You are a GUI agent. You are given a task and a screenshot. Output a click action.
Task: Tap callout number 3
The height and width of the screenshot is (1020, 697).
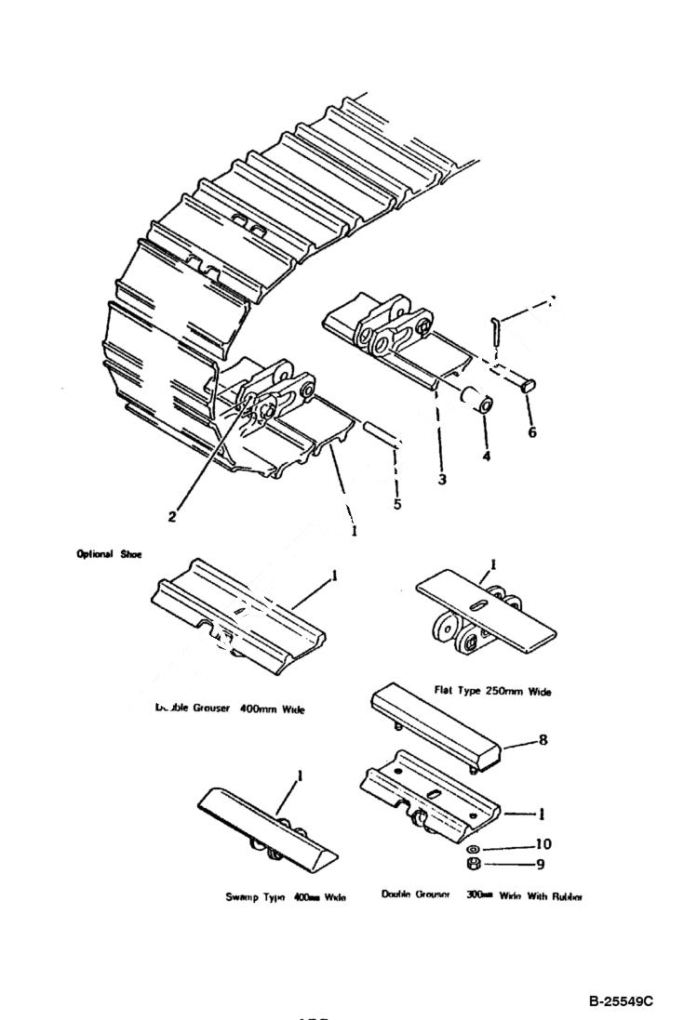(442, 480)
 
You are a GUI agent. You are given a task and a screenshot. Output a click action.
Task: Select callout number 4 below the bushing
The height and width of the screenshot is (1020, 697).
(487, 457)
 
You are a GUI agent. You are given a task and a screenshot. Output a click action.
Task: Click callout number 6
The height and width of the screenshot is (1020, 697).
(531, 432)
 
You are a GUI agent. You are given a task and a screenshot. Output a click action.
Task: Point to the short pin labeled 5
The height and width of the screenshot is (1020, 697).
(382, 434)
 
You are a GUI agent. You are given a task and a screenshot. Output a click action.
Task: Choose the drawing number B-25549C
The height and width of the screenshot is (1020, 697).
(621, 1000)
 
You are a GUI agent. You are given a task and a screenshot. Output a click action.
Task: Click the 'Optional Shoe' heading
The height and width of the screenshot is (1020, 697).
(110, 554)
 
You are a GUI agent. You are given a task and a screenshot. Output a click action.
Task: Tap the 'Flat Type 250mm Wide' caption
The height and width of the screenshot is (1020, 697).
(480, 691)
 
